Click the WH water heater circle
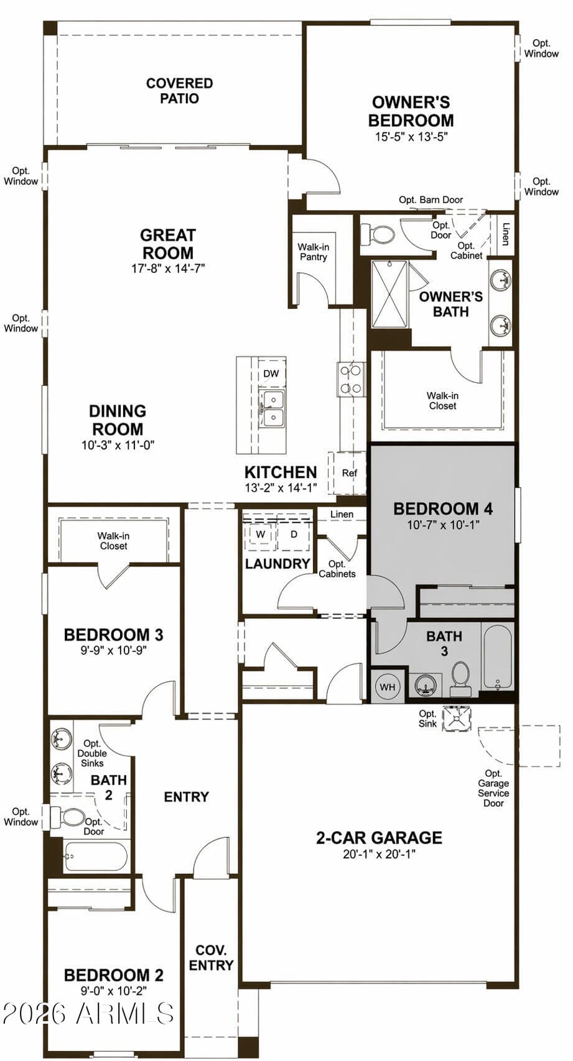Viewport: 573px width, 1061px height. click(x=387, y=687)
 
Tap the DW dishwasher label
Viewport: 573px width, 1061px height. click(x=271, y=374)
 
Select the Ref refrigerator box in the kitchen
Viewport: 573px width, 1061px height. click(x=349, y=473)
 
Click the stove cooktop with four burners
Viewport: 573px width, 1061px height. click(x=351, y=379)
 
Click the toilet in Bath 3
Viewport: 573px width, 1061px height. click(x=459, y=679)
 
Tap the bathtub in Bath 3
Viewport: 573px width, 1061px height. click(x=497, y=656)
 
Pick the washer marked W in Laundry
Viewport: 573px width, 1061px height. click(x=259, y=535)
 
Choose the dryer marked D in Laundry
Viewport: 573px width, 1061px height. click(x=294, y=535)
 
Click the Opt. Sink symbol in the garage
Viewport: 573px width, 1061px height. click(x=457, y=719)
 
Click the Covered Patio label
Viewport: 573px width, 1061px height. click(x=179, y=91)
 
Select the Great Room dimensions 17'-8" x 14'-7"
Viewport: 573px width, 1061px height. click(x=168, y=269)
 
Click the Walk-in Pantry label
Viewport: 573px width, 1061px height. click(x=314, y=252)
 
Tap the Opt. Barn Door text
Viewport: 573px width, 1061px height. click(x=431, y=200)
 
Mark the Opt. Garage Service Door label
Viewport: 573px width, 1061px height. click(x=493, y=788)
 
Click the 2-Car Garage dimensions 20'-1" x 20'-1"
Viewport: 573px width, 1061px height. click(x=379, y=854)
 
